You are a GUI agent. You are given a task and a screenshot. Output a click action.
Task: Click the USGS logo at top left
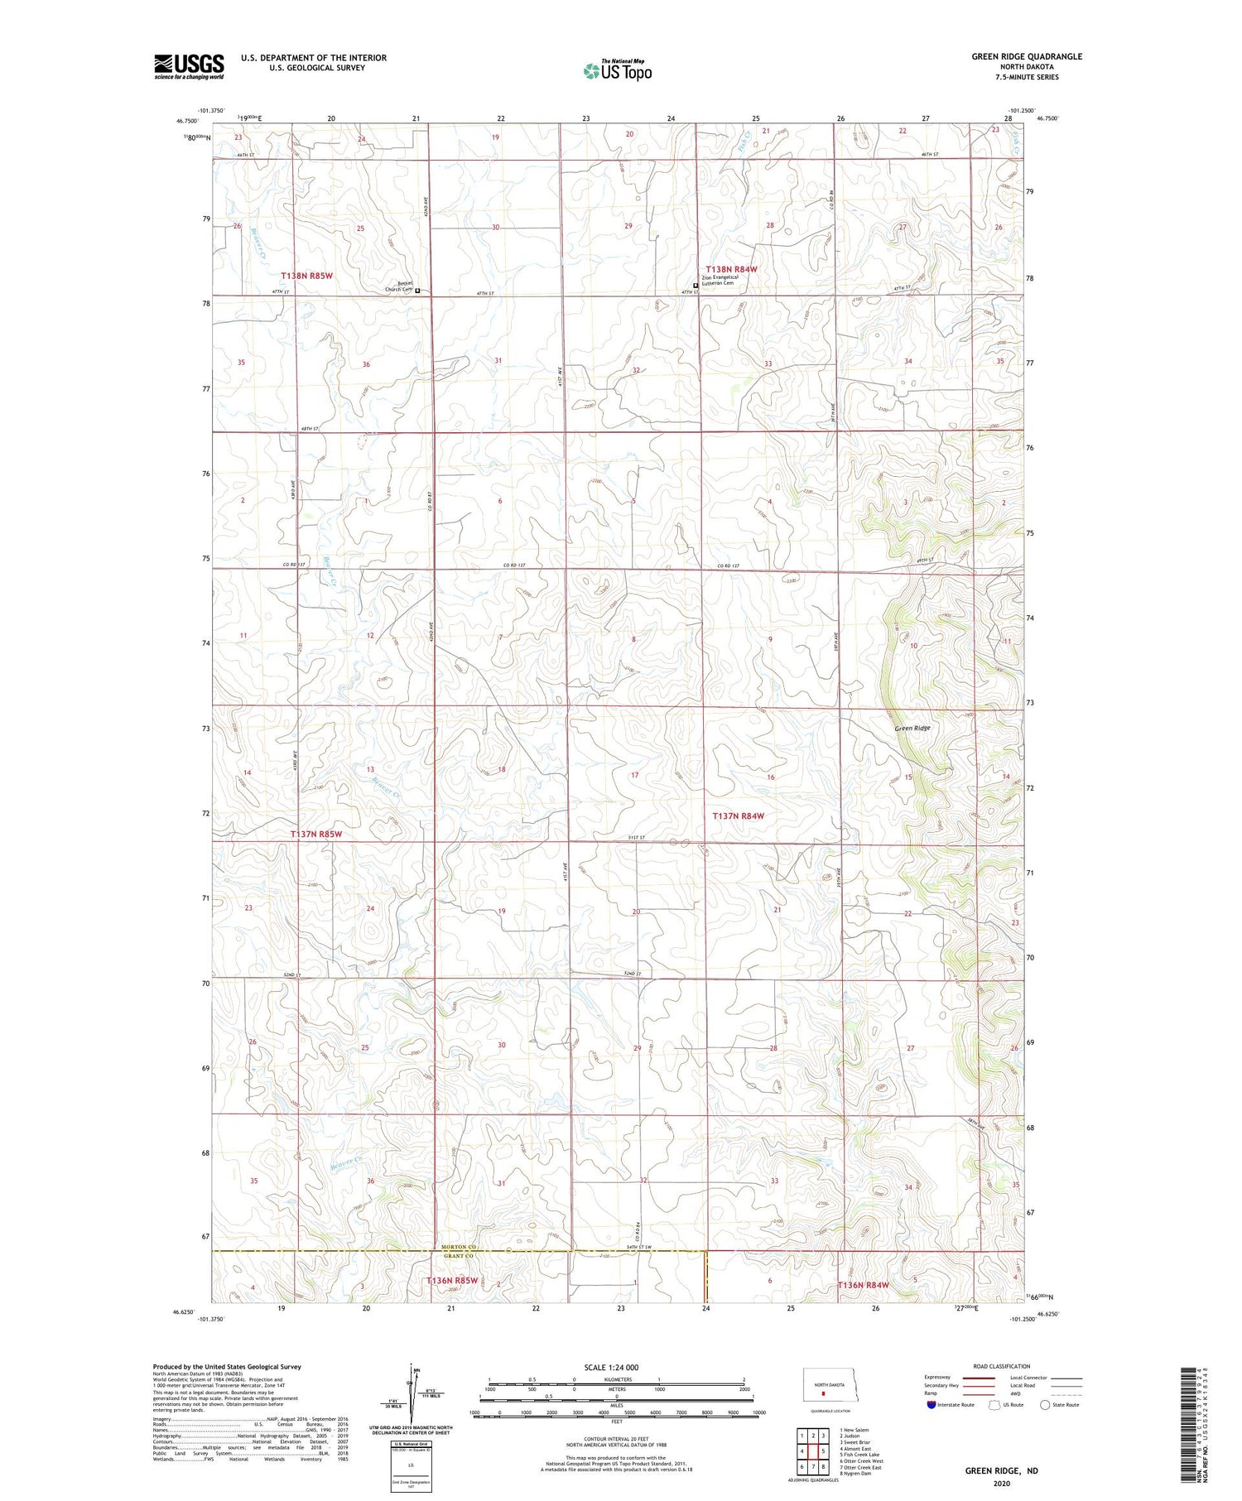click(x=189, y=66)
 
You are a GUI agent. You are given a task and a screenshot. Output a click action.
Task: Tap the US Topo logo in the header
click(x=617, y=71)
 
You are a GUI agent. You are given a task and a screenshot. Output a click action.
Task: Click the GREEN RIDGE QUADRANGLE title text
click(x=1027, y=56)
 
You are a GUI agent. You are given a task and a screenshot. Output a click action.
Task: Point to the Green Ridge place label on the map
click(x=912, y=729)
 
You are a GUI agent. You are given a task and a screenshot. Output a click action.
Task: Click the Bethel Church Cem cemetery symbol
click(x=417, y=291)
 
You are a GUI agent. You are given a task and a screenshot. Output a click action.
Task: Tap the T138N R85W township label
click(x=306, y=275)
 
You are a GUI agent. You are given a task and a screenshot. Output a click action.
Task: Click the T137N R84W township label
click(x=738, y=816)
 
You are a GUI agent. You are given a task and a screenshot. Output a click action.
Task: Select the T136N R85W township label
click(x=451, y=1281)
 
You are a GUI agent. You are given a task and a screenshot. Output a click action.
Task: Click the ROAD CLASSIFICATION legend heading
click(x=1002, y=1366)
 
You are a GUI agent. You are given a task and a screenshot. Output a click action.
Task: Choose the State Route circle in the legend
click(x=1045, y=1405)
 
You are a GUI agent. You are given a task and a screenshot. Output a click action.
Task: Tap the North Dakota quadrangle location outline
click(x=824, y=1387)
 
